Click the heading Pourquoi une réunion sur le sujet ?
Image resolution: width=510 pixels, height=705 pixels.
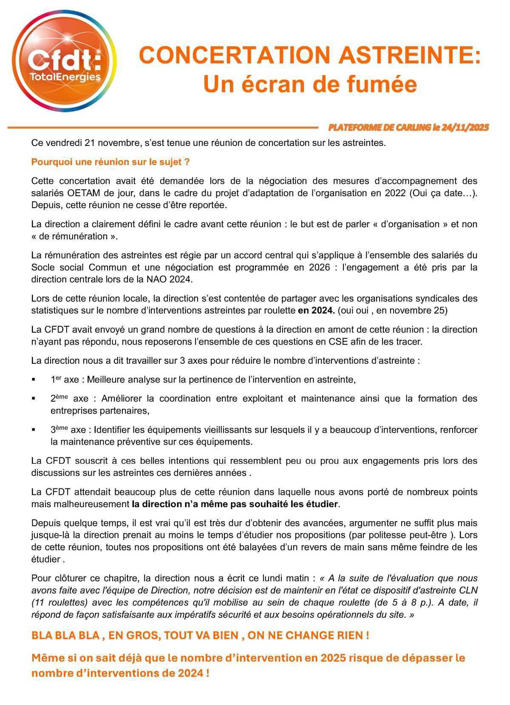(110, 162)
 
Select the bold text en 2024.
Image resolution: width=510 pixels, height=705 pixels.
(316, 311)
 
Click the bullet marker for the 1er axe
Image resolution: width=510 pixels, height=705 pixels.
(34, 380)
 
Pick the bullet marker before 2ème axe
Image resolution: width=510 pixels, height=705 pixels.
(34, 399)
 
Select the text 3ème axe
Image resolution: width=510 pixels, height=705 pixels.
(68, 430)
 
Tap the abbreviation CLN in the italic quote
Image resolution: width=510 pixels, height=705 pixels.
(468, 591)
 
